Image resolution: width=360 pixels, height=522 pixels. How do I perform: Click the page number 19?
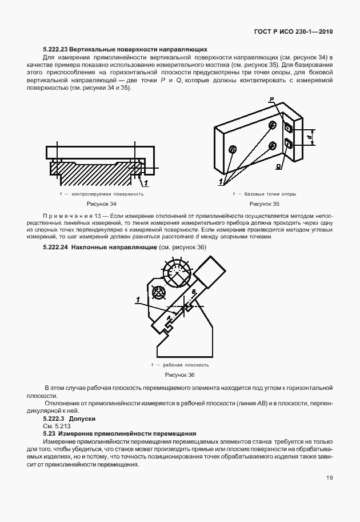[x=330, y=478]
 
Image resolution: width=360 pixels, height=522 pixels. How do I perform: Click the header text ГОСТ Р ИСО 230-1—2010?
[x=298, y=33]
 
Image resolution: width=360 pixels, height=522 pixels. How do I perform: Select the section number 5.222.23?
[x=59, y=50]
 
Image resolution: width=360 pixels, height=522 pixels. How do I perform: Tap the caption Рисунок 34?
[x=101, y=204]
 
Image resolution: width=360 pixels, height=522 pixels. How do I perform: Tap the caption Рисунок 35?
[x=265, y=204]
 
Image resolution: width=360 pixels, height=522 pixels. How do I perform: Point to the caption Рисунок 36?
[x=179, y=374]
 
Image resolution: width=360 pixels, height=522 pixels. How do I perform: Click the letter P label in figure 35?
[x=273, y=100]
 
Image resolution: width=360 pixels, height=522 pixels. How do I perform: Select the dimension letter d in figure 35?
[x=309, y=137]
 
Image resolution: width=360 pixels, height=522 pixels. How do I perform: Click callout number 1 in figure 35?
[x=220, y=182]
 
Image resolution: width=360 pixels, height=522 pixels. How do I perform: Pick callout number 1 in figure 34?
[x=146, y=182]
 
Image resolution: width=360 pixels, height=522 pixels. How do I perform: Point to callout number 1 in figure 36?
[x=138, y=299]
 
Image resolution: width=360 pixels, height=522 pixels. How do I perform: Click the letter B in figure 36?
[x=194, y=292]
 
